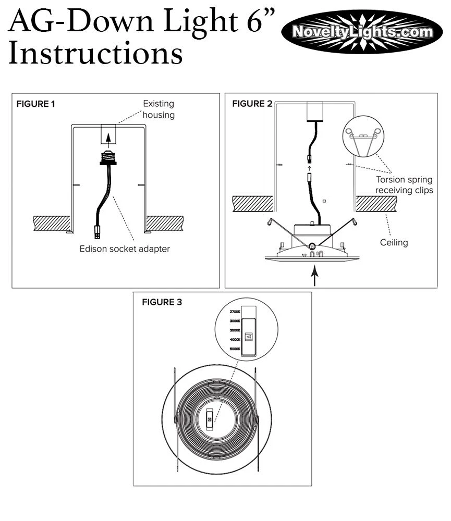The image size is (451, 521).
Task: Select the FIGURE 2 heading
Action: pos(252,104)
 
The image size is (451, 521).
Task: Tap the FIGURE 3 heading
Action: pos(162,302)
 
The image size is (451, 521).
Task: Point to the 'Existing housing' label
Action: pos(159,109)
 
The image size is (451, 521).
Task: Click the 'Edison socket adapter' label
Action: pos(125,249)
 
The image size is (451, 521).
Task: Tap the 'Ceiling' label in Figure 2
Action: pos(394,243)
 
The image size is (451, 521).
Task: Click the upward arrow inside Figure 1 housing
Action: pos(108,138)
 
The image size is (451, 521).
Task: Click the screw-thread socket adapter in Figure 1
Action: pos(108,156)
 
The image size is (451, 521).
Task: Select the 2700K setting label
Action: pos(235,312)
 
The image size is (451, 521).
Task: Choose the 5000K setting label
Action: pos(235,349)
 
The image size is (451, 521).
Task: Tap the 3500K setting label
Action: pos(235,330)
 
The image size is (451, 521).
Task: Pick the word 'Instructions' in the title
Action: pos(95,53)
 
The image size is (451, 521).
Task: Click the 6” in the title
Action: pos(255,21)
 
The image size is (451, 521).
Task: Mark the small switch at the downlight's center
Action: pos(210,417)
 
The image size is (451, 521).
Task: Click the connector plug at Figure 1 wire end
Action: pos(98,230)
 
